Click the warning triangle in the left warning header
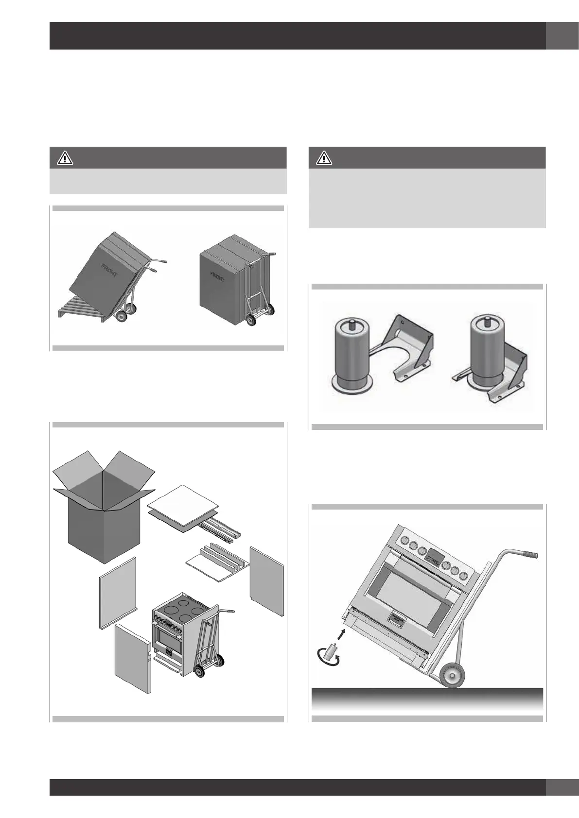pyautogui.click(x=65, y=158)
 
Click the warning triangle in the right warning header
pyautogui.click(x=323, y=158)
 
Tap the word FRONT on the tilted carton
pyautogui.click(x=109, y=270)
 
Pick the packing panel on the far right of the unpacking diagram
pyautogui.click(x=266, y=580)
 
